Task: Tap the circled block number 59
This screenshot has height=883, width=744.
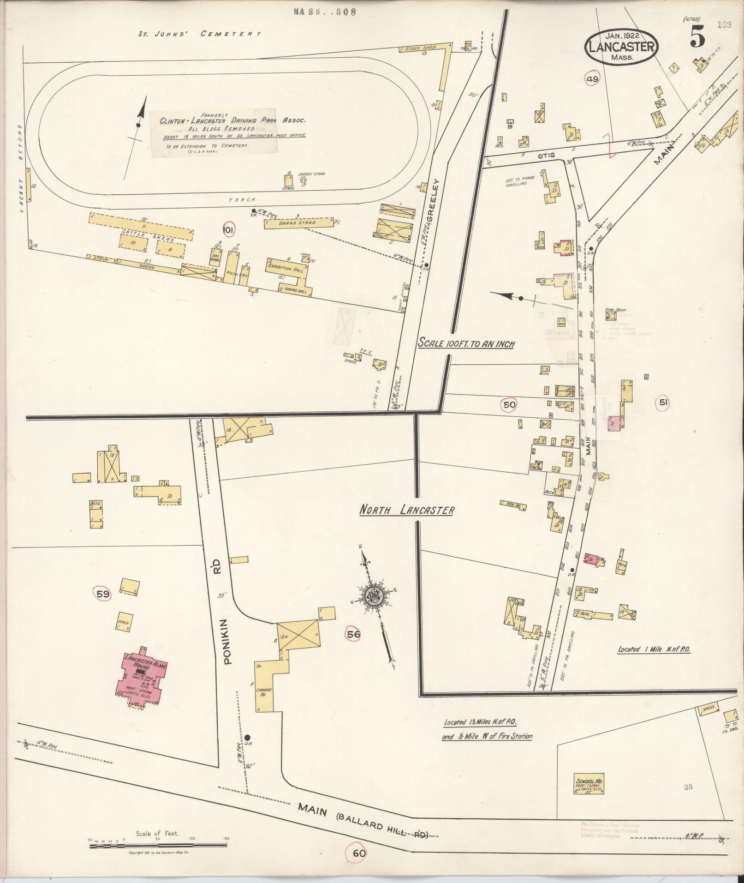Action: coord(102,594)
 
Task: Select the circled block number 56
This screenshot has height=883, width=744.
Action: coord(353,634)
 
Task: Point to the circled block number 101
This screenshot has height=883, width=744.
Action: coord(228,230)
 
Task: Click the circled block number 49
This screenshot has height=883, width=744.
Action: coord(592,79)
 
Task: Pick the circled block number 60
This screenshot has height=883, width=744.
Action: coord(359,853)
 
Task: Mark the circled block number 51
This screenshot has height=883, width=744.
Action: coord(663,402)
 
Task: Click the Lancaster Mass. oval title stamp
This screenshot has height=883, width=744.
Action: coord(621,46)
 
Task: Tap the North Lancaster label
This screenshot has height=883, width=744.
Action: coord(407,511)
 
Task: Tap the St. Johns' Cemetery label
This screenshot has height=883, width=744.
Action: coord(200,34)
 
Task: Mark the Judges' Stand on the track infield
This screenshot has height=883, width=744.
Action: coord(303,180)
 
